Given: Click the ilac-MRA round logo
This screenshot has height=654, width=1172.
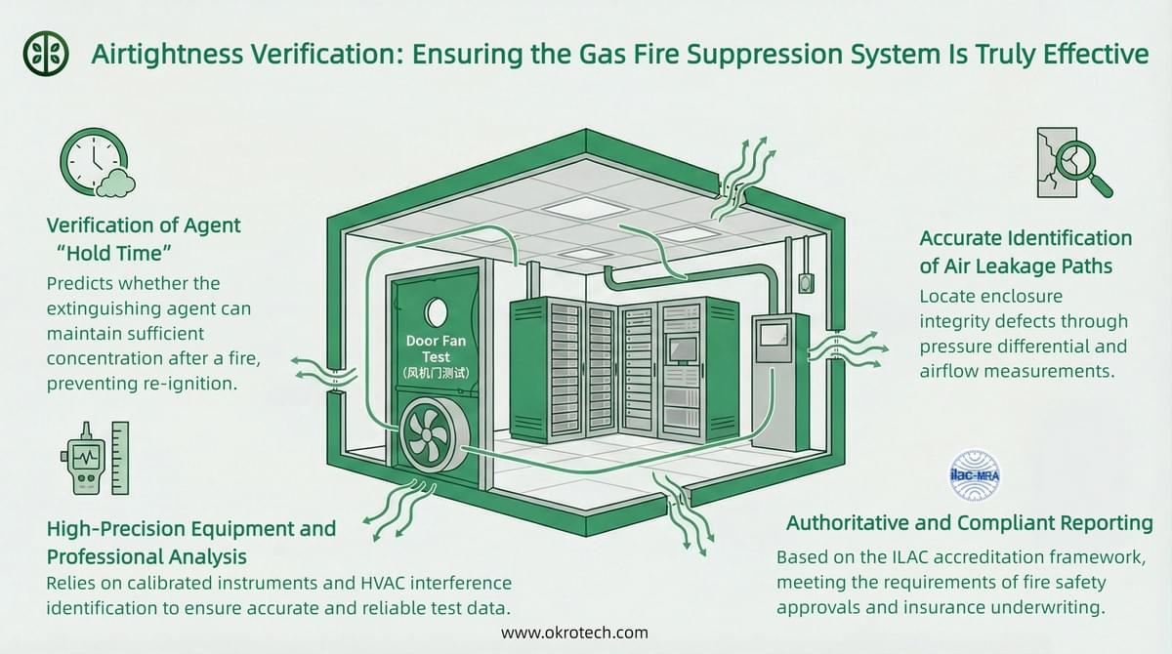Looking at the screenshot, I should tap(975, 476).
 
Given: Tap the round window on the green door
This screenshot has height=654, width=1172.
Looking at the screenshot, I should tap(436, 311).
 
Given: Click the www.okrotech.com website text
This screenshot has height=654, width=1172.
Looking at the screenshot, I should tap(574, 633).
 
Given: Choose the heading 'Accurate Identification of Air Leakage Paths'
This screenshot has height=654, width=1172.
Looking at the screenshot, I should tap(1025, 251).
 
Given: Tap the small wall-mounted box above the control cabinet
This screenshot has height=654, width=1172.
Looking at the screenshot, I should tap(806, 281).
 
